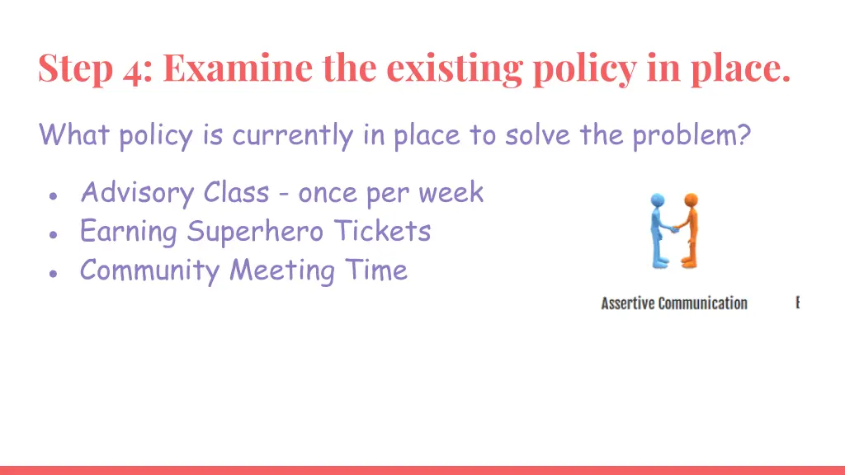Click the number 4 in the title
(x=132, y=69)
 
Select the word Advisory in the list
(x=137, y=194)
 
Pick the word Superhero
(x=255, y=233)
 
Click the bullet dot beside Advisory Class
(x=53, y=196)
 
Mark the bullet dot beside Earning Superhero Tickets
(x=53, y=234)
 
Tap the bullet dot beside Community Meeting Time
(x=53, y=273)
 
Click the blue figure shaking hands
(x=659, y=229)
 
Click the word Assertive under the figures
(x=627, y=303)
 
